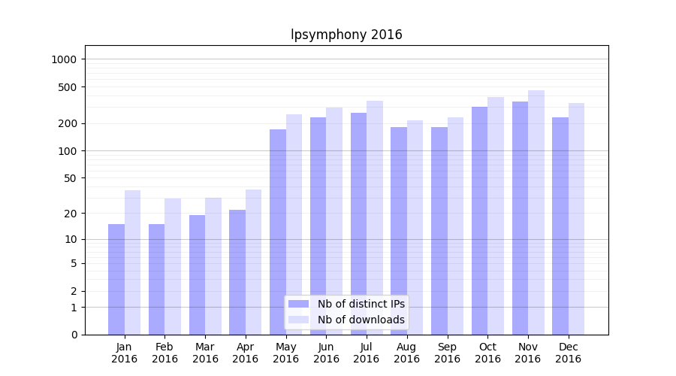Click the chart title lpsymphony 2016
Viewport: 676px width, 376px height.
tap(346, 35)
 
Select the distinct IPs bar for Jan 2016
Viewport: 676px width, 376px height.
tap(116, 279)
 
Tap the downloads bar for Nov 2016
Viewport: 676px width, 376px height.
tap(536, 212)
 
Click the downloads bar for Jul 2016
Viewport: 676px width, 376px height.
tap(375, 217)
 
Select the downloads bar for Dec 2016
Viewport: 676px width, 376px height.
tap(576, 219)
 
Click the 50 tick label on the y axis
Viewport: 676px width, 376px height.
tap(69, 178)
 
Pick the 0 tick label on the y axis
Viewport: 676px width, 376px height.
tap(74, 335)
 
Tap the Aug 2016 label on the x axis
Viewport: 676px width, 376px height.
tap(406, 353)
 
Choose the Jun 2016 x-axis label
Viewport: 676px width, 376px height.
tap(326, 353)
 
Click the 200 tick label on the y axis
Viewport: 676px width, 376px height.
tap(67, 123)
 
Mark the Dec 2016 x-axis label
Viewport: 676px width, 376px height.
tap(568, 353)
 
